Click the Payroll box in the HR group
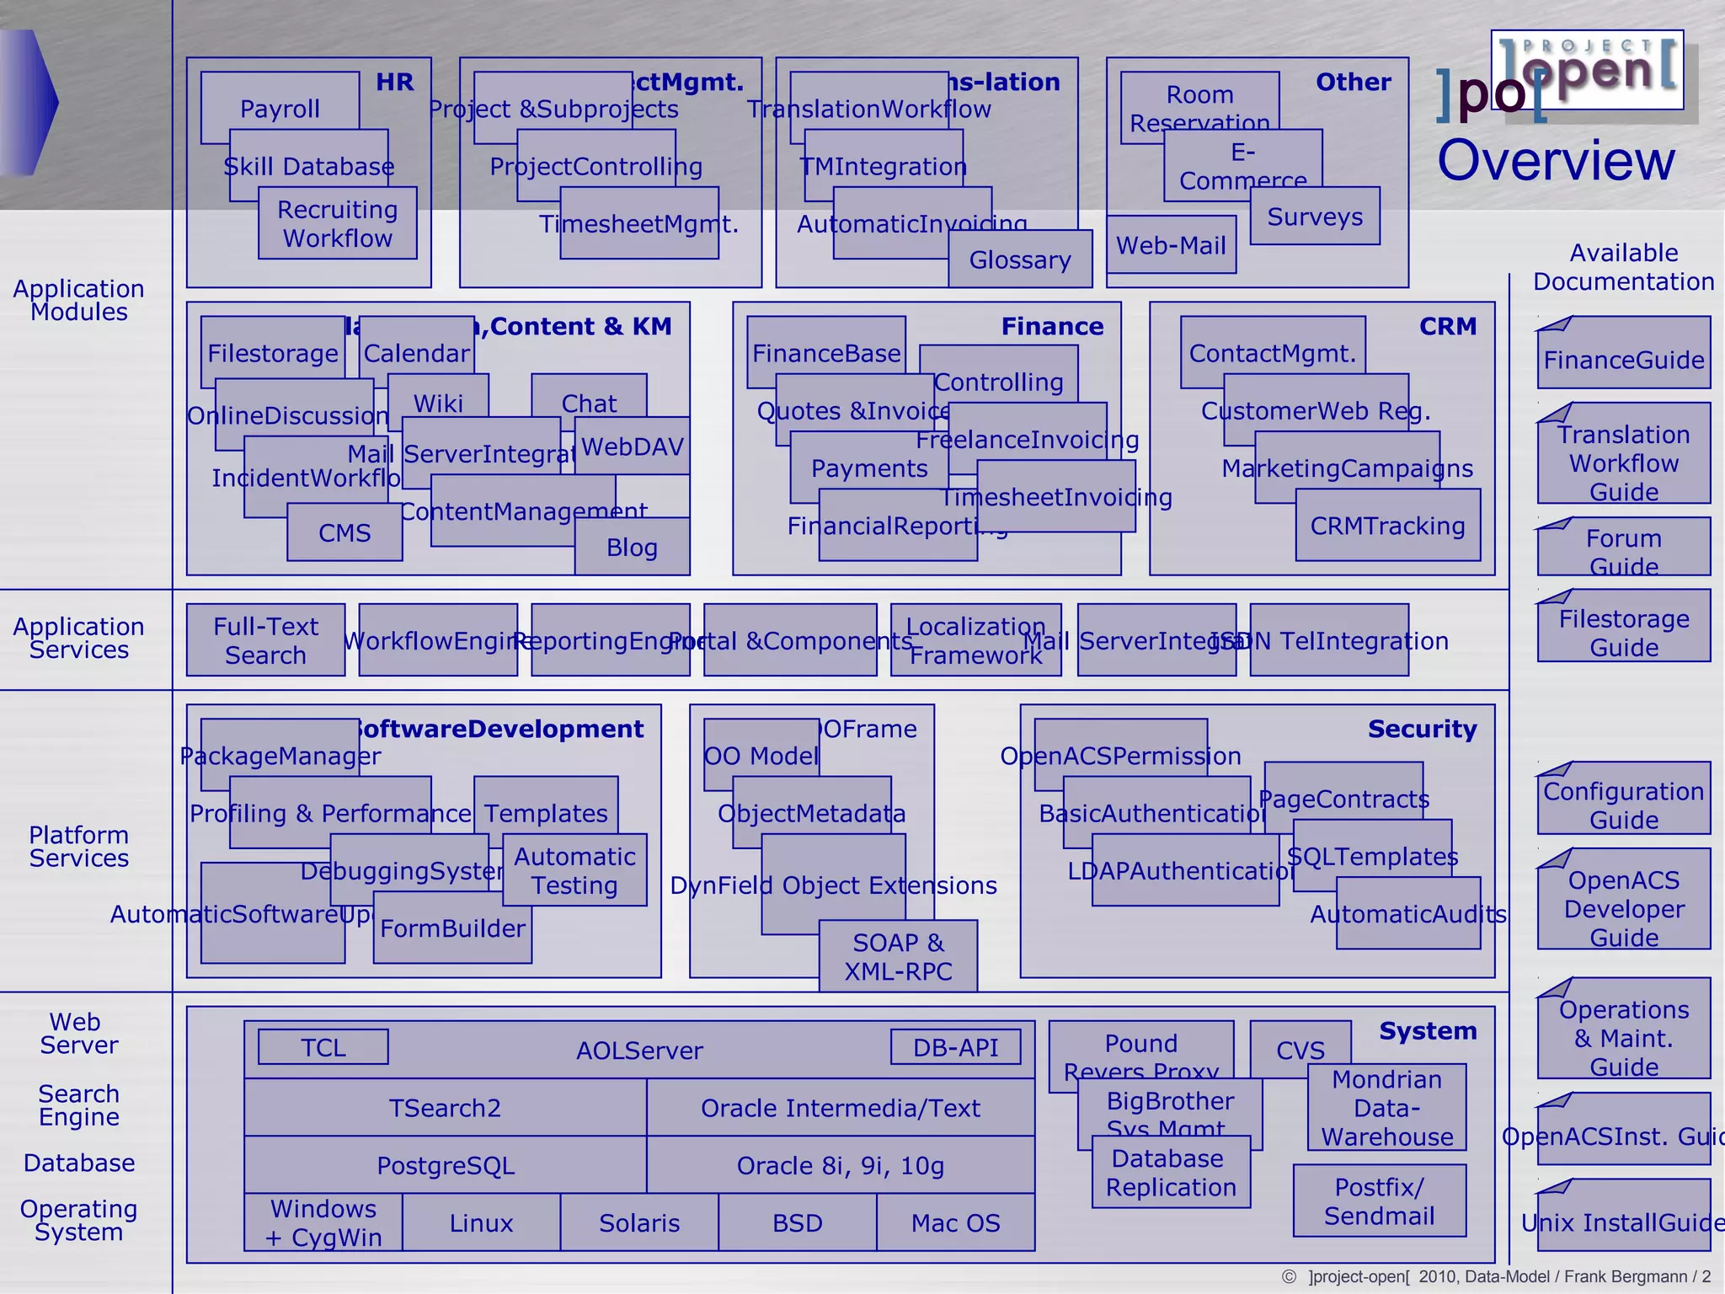pos(280,108)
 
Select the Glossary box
pos(1020,259)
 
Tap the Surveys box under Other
pos(1315,217)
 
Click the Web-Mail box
pos(1171,245)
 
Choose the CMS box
pos(344,532)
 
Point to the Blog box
pos(632,548)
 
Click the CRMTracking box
pos(1387,526)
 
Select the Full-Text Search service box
pos(265,640)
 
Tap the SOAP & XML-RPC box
pos(898,956)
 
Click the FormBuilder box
pos(452,928)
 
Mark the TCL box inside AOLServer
pos(323,1047)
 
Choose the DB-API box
pos(955,1047)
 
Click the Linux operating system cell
pos(481,1222)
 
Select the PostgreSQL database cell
pos(446,1165)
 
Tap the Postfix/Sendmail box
pos(1379,1200)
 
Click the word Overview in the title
pos(1556,160)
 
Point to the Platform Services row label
pos(79,846)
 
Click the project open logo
pos(1587,70)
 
